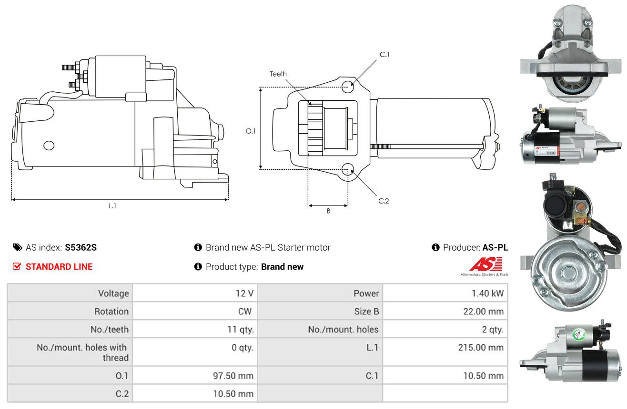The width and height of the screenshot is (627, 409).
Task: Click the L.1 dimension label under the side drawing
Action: click(x=112, y=206)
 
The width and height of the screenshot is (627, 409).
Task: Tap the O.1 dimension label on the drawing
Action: click(x=251, y=131)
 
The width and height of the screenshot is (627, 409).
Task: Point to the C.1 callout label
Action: click(x=384, y=55)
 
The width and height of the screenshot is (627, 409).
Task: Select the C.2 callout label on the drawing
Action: click(x=384, y=201)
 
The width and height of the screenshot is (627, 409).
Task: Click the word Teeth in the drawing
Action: click(x=278, y=74)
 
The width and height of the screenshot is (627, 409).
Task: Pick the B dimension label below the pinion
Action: click(x=329, y=211)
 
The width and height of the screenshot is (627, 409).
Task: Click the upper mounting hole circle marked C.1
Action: click(x=348, y=87)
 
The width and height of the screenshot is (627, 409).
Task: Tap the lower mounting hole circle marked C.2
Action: click(x=348, y=169)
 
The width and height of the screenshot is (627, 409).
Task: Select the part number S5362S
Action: click(x=81, y=247)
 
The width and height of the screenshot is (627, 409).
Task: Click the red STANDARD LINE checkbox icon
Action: click(x=17, y=266)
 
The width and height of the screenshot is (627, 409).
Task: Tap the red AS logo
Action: click(x=486, y=264)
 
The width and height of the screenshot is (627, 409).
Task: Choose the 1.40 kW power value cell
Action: click(x=445, y=293)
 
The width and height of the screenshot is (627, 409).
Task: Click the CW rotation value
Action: click(x=245, y=311)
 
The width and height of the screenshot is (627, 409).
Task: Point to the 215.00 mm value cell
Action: click(x=445, y=352)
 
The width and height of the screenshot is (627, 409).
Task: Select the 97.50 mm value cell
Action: click(x=195, y=376)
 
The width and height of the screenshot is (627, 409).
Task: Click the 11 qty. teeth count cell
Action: click(x=195, y=330)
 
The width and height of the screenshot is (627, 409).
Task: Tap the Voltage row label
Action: click(x=113, y=293)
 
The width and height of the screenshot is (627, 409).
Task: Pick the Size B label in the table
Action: click(x=366, y=311)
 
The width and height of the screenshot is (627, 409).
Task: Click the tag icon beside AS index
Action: click(x=17, y=247)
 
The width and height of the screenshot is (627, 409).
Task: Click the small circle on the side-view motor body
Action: click(x=49, y=145)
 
